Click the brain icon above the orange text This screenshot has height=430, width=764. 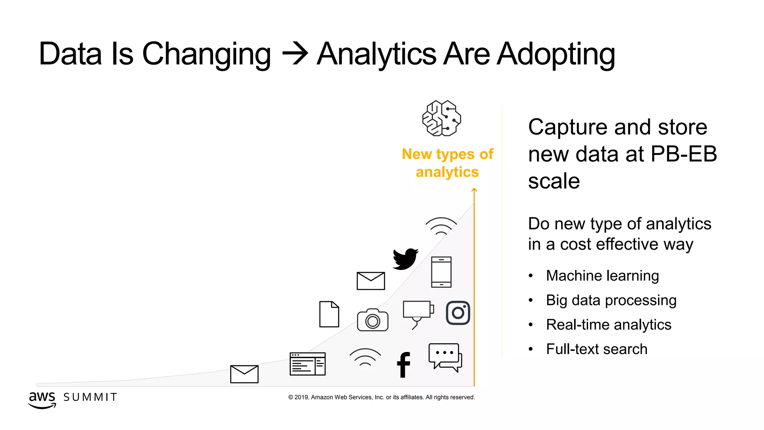(x=441, y=118)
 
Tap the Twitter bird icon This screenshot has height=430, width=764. (x=405, y=258)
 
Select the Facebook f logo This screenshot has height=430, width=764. (x=403, y=365)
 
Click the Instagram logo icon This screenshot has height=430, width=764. (x=458, y=313)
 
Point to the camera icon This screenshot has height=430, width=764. (x=372, y=320)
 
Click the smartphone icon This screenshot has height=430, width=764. (x=441, y=272)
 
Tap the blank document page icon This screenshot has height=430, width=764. (x=329, y=314)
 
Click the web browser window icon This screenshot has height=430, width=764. (x=307, y=364)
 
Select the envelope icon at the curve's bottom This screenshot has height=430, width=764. (x=244, y=374)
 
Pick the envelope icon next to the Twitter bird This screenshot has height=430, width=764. (x=370, y=281)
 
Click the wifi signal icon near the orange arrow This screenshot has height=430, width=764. (x=441, y=226)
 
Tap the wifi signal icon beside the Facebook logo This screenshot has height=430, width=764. (x=365, y=357)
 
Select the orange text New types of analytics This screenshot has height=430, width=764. (x=447, y=163)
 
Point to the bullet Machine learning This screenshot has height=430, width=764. (x=602, y=276)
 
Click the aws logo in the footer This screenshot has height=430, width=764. (x=42, y=399)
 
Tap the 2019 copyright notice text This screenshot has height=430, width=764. (x=381, y=397)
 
